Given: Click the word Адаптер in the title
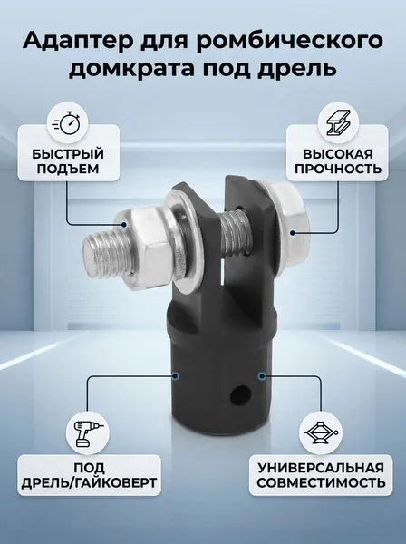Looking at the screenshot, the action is tap(77, 41).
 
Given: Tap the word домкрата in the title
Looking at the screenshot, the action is tap(131, 68).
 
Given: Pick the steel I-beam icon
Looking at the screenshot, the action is tap(337, 122).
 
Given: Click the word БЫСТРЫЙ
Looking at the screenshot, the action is tap(69, 154).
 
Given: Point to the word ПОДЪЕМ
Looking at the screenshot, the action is tap(68, 169).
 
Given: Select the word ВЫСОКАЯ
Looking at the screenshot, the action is tap(337, 154).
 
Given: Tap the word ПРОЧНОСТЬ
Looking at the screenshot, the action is tap(337, 169).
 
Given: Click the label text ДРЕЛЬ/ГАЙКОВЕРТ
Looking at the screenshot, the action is tap(89, 482).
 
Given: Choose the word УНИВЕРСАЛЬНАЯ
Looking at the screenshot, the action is tap(321, 467).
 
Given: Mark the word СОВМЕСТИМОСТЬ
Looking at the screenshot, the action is tap(321, 482).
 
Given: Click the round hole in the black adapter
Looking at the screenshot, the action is tap(241, 394).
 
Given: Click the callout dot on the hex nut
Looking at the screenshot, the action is tap(125, 225).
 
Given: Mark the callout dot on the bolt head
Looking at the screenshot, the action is tap(293, 232).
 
